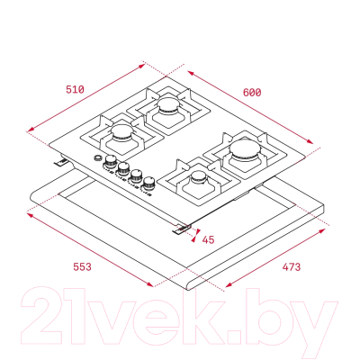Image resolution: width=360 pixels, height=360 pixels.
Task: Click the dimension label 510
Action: (x=75, y=89)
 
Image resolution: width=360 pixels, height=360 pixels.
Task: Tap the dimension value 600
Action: (x=252, y=93)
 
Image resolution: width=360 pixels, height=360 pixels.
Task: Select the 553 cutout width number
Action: (x=82, y=266)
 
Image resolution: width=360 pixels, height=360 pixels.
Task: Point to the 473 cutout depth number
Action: (x=291, y=266)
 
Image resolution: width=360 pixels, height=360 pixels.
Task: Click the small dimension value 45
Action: (x=208, y=239)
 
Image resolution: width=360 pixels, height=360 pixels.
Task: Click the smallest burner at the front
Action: (x=199, y=177)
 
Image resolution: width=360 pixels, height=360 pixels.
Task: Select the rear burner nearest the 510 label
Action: (x=168, y=106)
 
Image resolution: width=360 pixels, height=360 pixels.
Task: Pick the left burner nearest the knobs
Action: (x=122, y=132)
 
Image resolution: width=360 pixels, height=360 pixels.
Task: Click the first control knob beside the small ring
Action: (x=111, y=161)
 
